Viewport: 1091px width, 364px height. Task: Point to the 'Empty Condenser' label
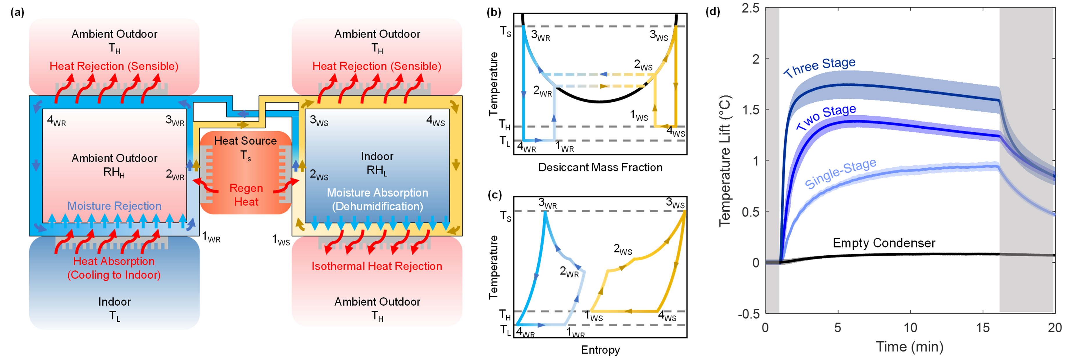coord(884,243)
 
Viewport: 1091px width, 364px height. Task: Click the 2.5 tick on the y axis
coord(750,8)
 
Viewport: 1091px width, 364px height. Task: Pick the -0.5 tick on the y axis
coord(749,314)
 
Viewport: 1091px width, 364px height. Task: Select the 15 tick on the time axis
coord(983,328)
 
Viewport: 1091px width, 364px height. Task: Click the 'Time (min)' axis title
coord(910,347)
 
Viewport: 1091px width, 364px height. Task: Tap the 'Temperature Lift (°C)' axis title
coord(725,161)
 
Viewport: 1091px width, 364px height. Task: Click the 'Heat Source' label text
coord(245,141)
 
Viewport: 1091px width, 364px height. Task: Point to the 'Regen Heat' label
coord(246,195)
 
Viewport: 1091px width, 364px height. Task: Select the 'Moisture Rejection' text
coord(114,206)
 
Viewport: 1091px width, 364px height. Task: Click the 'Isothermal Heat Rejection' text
coord(377,266)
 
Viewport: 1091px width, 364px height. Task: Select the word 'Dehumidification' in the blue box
coord(377,207)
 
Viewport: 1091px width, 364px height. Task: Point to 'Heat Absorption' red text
coord(114,261)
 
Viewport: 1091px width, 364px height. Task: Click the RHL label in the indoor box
coord(377,171)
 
